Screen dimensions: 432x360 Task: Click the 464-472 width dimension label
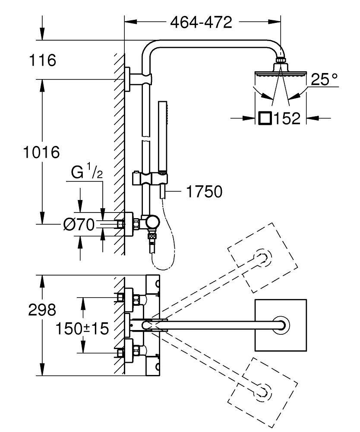pyautogui.click(x=201, y=22)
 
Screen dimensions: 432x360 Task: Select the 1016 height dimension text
pyautogui.click(x=41, y=152)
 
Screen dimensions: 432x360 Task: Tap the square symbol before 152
pyautogui.click(x=265, y=118)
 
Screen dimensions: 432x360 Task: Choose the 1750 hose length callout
pyautogui.click(x=204, y=191)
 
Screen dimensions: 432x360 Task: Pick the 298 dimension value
pyautogui.click(x=42, y=310)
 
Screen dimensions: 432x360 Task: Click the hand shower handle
pyautogui.click(x=162, y=138)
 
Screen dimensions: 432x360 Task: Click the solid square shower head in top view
pyautogui.click(x=281, y=325)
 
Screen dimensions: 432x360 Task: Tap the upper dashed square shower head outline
pyautogui.click(x=263, y=257)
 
